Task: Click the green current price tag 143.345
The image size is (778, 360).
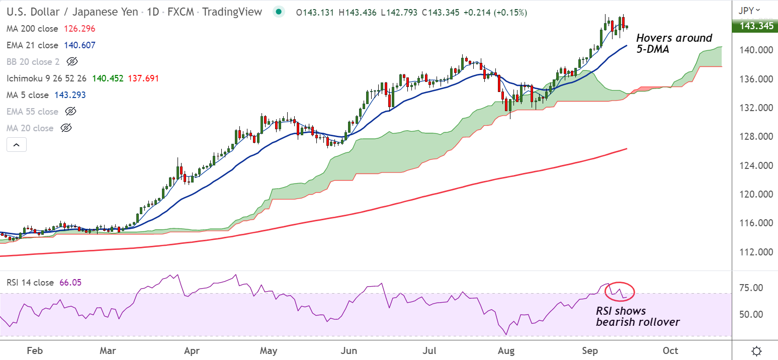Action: pos(755,26)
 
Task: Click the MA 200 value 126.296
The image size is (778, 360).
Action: pos(79,29)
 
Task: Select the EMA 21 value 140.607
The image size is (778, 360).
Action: pos(79,45)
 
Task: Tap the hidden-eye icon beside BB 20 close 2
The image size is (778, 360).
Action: pos(72,62)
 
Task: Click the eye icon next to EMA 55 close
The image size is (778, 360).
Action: pos(70,112)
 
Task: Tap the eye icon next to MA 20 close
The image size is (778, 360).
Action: pos(66,128)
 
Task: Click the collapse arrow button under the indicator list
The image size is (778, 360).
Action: pos(16,145)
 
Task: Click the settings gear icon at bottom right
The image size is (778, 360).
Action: pos(755,350)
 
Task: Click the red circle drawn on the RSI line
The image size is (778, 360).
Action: pos(620,291)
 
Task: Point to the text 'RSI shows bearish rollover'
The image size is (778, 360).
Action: pos(637,316)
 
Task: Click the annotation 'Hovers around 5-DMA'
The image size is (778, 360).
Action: pos(674,44)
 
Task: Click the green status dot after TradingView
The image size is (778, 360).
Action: pos(278,12)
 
